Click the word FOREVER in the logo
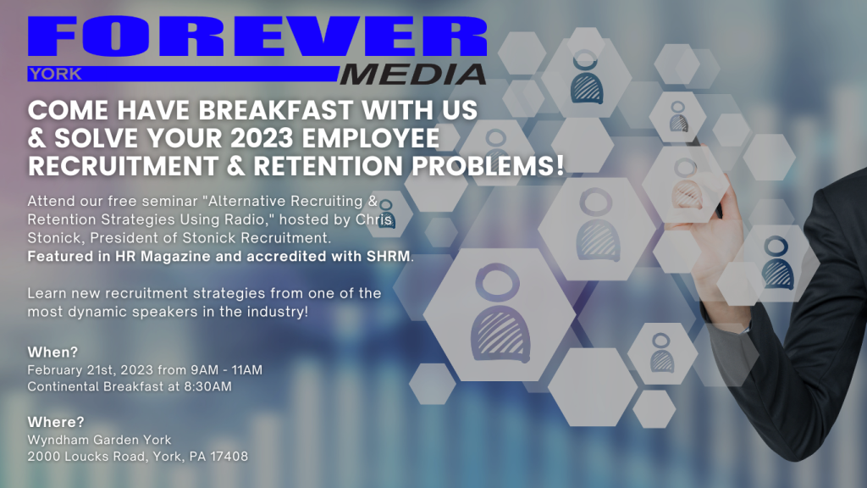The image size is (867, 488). pyautogui.click(x=257, y=36)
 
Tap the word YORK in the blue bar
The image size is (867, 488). pyautogui.click(x=55, y=75)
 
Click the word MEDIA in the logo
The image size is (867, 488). pyautogui.click(x=412, y=75)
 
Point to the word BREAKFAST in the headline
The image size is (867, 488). pyautogui.click(x=275, y=110)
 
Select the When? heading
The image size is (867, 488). pyautogui.click(x=53, y=352)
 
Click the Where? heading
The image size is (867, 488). pyautogui.click(x=56, y=422)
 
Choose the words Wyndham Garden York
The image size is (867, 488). pyautogui.click(x=100, y=440)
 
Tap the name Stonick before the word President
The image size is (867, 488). pyautogui.click(x=54, y=238)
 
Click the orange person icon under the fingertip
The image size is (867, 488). pyautogui.click(x=686, y=184)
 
